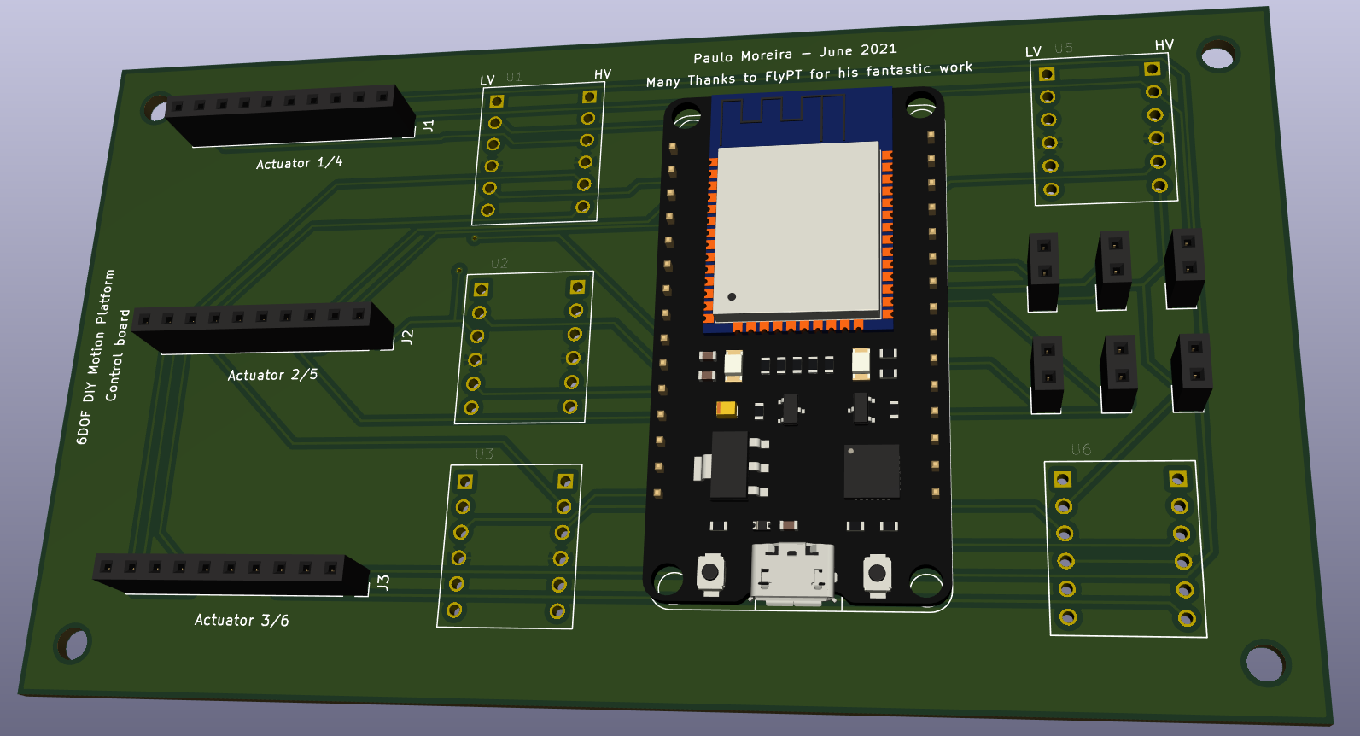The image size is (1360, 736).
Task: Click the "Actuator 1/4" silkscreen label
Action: click(x=299, y=162)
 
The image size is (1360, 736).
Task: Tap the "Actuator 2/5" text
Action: click(x=272, y=375)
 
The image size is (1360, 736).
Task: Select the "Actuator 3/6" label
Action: click(x=242, y=620)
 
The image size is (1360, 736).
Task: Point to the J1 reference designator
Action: click(x=428, y=126)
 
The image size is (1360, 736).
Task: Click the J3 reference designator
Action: click(x=383, y=583)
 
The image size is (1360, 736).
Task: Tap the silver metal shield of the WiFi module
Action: click(x=797, y=229)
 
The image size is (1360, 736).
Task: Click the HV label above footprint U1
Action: click(x=603, y=74)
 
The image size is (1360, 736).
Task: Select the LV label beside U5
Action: click(x=1033, y=51)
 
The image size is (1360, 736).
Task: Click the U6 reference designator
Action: click(x=1081, y=449)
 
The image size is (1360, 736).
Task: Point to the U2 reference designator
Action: click(x=499, y=263)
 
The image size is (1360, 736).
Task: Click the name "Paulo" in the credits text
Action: click(x=713, y=57)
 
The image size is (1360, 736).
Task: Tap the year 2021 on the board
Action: click(x=878, y=49)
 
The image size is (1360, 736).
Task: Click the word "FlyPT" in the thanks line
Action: click(x=783, y=76)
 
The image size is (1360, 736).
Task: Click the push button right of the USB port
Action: click(x=877, y=572)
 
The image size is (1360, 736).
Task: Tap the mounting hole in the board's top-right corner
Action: click(x=1217, y=57)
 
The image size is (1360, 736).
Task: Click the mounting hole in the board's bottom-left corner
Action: click(x=73, y=644)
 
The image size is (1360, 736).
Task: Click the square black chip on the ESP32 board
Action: click(x=871, y=470)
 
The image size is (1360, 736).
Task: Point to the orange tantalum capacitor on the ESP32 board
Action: click(x=727, y=409)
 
